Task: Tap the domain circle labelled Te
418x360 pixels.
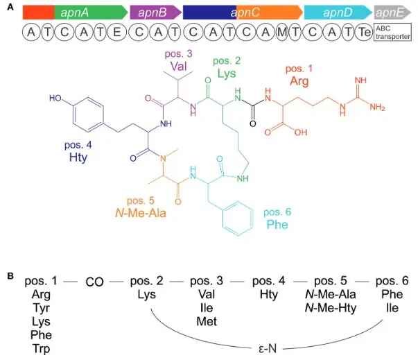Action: click(361, 32)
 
